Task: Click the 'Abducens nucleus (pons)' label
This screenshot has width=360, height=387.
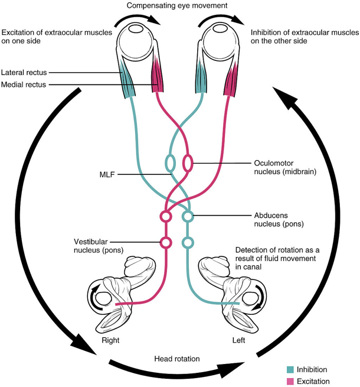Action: point(271,220)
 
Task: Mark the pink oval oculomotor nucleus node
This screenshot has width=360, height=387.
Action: point(188,162)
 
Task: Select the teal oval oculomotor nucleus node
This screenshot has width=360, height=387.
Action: point(171,162)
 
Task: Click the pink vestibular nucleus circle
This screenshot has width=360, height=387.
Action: point(166,242)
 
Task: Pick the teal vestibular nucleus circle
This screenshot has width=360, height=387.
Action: point(188,242)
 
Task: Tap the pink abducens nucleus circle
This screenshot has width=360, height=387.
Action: point(166,217)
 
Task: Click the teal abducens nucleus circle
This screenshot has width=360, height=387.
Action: point(188,217)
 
